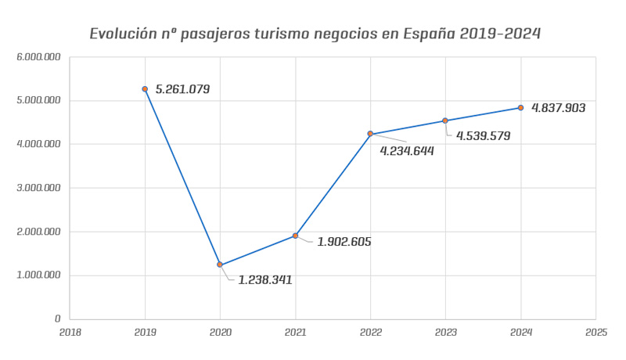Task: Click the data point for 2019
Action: point(145,89)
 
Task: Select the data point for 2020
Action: point(220,265)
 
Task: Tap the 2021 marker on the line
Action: point(295,236)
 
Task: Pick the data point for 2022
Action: point(370,134)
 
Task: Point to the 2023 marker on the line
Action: point(445,121)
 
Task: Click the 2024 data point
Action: point(520,107)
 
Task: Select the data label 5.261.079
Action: point(182,89)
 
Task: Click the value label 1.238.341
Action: point(265,279)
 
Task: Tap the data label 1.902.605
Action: point(344,242)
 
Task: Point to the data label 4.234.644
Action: point(407,150)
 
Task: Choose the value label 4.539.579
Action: point(482,135)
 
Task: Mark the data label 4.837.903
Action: point(558,108)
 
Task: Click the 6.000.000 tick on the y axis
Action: point(39,57)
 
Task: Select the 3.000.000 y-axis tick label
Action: point(39,188)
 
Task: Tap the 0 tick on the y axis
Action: point(57,319)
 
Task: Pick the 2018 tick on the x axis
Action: point(70,332)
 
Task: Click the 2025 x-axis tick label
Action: point(595,332)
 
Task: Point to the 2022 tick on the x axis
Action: point(370,332)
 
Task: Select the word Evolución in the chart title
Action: point(125,34)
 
